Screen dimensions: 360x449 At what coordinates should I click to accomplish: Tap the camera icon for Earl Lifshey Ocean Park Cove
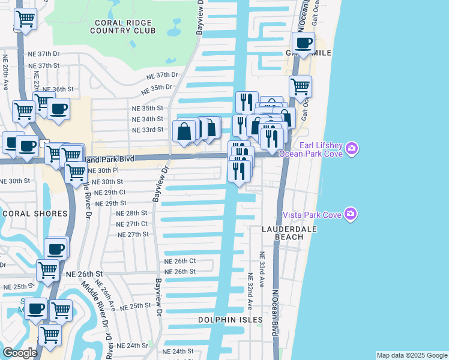(352, 148)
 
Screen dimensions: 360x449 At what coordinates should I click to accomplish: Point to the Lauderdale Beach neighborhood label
(285, 233)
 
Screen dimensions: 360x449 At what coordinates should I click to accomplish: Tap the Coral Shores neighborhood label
(34, 214)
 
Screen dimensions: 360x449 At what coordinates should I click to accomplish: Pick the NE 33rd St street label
(147, 130)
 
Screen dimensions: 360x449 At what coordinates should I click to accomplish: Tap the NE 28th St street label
(131, 213)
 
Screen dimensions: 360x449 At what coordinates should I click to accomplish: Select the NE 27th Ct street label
(131, 223)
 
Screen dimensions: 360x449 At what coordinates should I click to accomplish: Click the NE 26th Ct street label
(180, 261)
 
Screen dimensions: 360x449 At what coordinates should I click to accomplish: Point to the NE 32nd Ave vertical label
(250, 293)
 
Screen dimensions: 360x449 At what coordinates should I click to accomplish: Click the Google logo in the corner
(20, 353)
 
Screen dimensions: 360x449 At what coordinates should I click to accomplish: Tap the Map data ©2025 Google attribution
(412, 355)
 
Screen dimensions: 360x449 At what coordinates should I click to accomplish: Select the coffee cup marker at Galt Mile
(303, 43)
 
